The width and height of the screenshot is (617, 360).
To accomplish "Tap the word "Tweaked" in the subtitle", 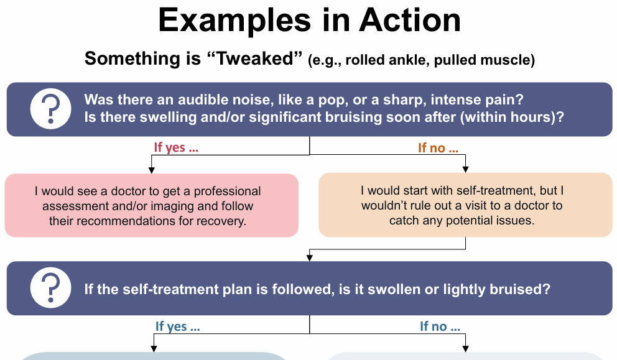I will pyautogui.click(x=257, y=59).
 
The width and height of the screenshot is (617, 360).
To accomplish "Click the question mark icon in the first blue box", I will pyautogui.click(x=51, y=109).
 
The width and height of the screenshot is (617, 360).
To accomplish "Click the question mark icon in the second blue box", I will pyautogui.click(x=51, y=288).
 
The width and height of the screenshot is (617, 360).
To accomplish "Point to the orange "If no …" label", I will pyautogui.click(x=438, y=148).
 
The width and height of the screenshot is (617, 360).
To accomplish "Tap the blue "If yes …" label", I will pyautogui.click(x=178, y=326).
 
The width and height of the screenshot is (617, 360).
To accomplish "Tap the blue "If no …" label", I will pyautogui.click(x=440, y=326).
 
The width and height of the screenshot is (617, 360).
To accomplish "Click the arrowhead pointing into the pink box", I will pyautogui.click(x=151, y=170).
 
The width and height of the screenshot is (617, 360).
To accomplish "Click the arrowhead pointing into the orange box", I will pyautogui.click(x=465, y=169).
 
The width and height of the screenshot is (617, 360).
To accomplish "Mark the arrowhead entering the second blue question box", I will pyautogui.click(x=310, y=257).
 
